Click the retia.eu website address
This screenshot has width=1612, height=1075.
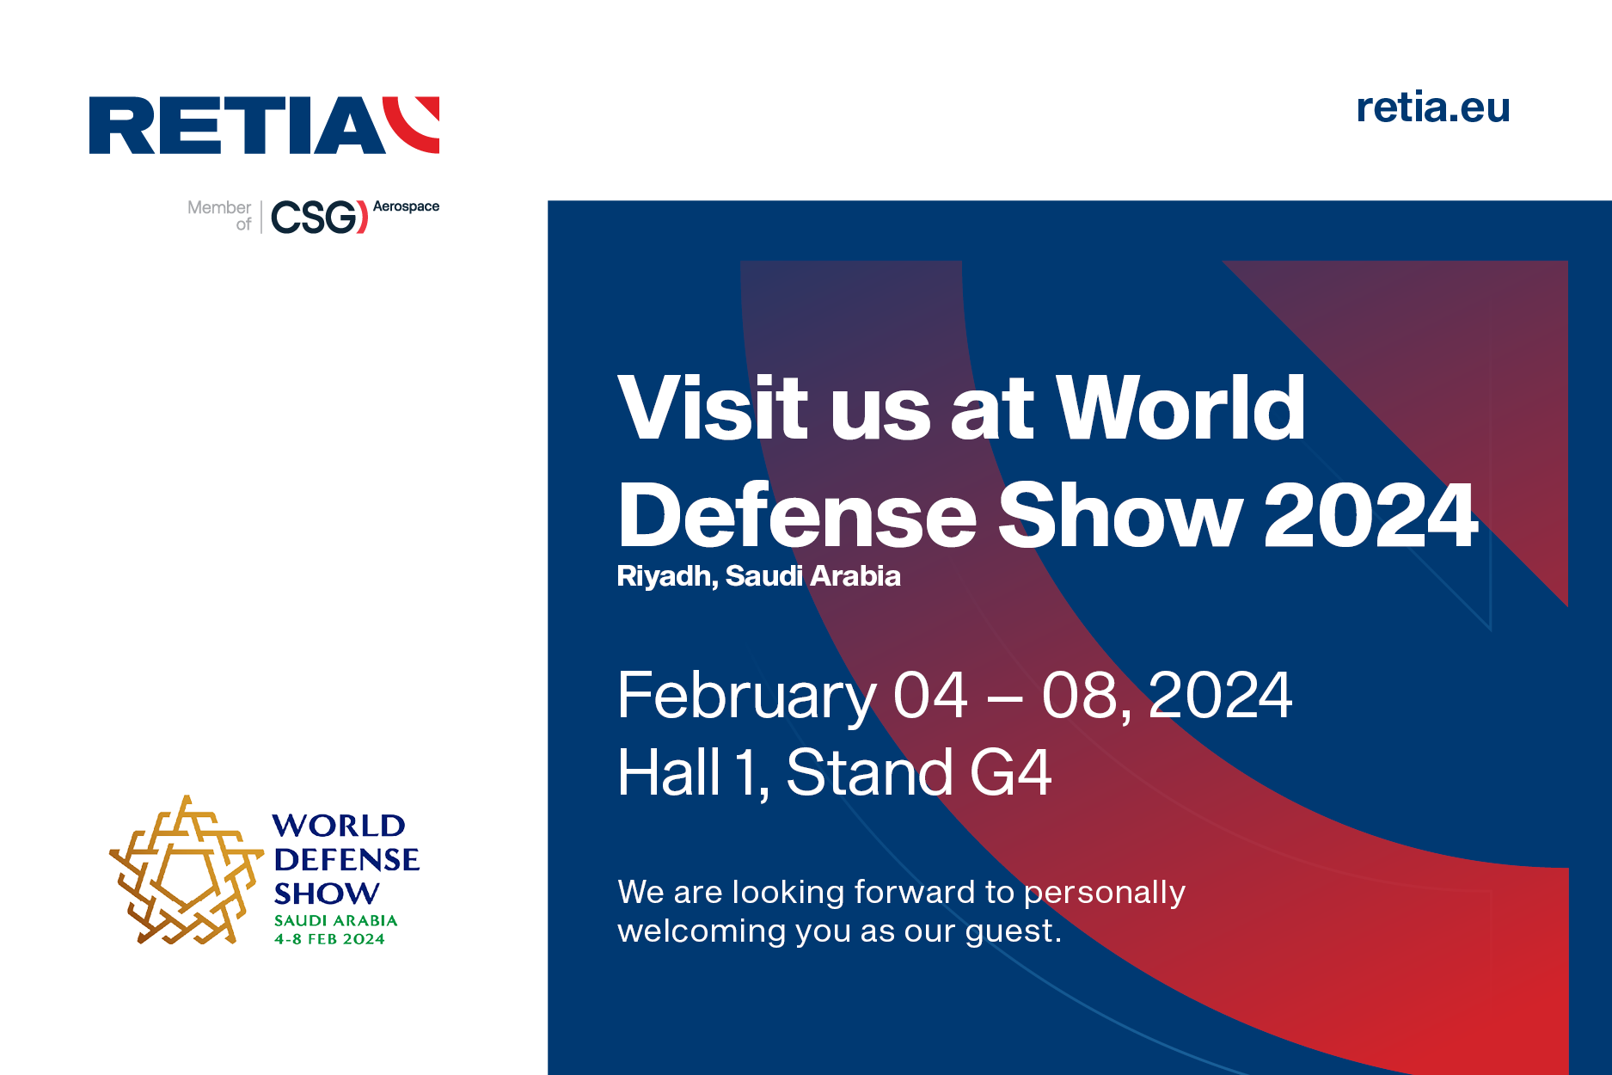click(1432, 108)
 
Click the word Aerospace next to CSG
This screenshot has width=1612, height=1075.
click(406, 206)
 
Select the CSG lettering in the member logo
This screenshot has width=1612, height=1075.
click(315, 218)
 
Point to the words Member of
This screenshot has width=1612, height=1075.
click(220, 215)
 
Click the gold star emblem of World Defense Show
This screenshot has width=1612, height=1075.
click(185, 871)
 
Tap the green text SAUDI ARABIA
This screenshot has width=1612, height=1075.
click(335, 920)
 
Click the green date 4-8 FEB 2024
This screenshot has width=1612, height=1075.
click(329, 939)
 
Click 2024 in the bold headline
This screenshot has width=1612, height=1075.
click(1370, 515)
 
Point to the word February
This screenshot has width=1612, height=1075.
click(746, 696)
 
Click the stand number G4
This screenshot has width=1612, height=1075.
click(1010, 772)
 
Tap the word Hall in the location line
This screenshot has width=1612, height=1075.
click(669, 772)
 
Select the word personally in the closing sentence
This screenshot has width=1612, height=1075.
click(1104, 894)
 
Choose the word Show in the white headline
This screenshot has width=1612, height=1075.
click(1119, 515)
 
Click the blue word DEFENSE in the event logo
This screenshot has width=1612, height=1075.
click(346, 859)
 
